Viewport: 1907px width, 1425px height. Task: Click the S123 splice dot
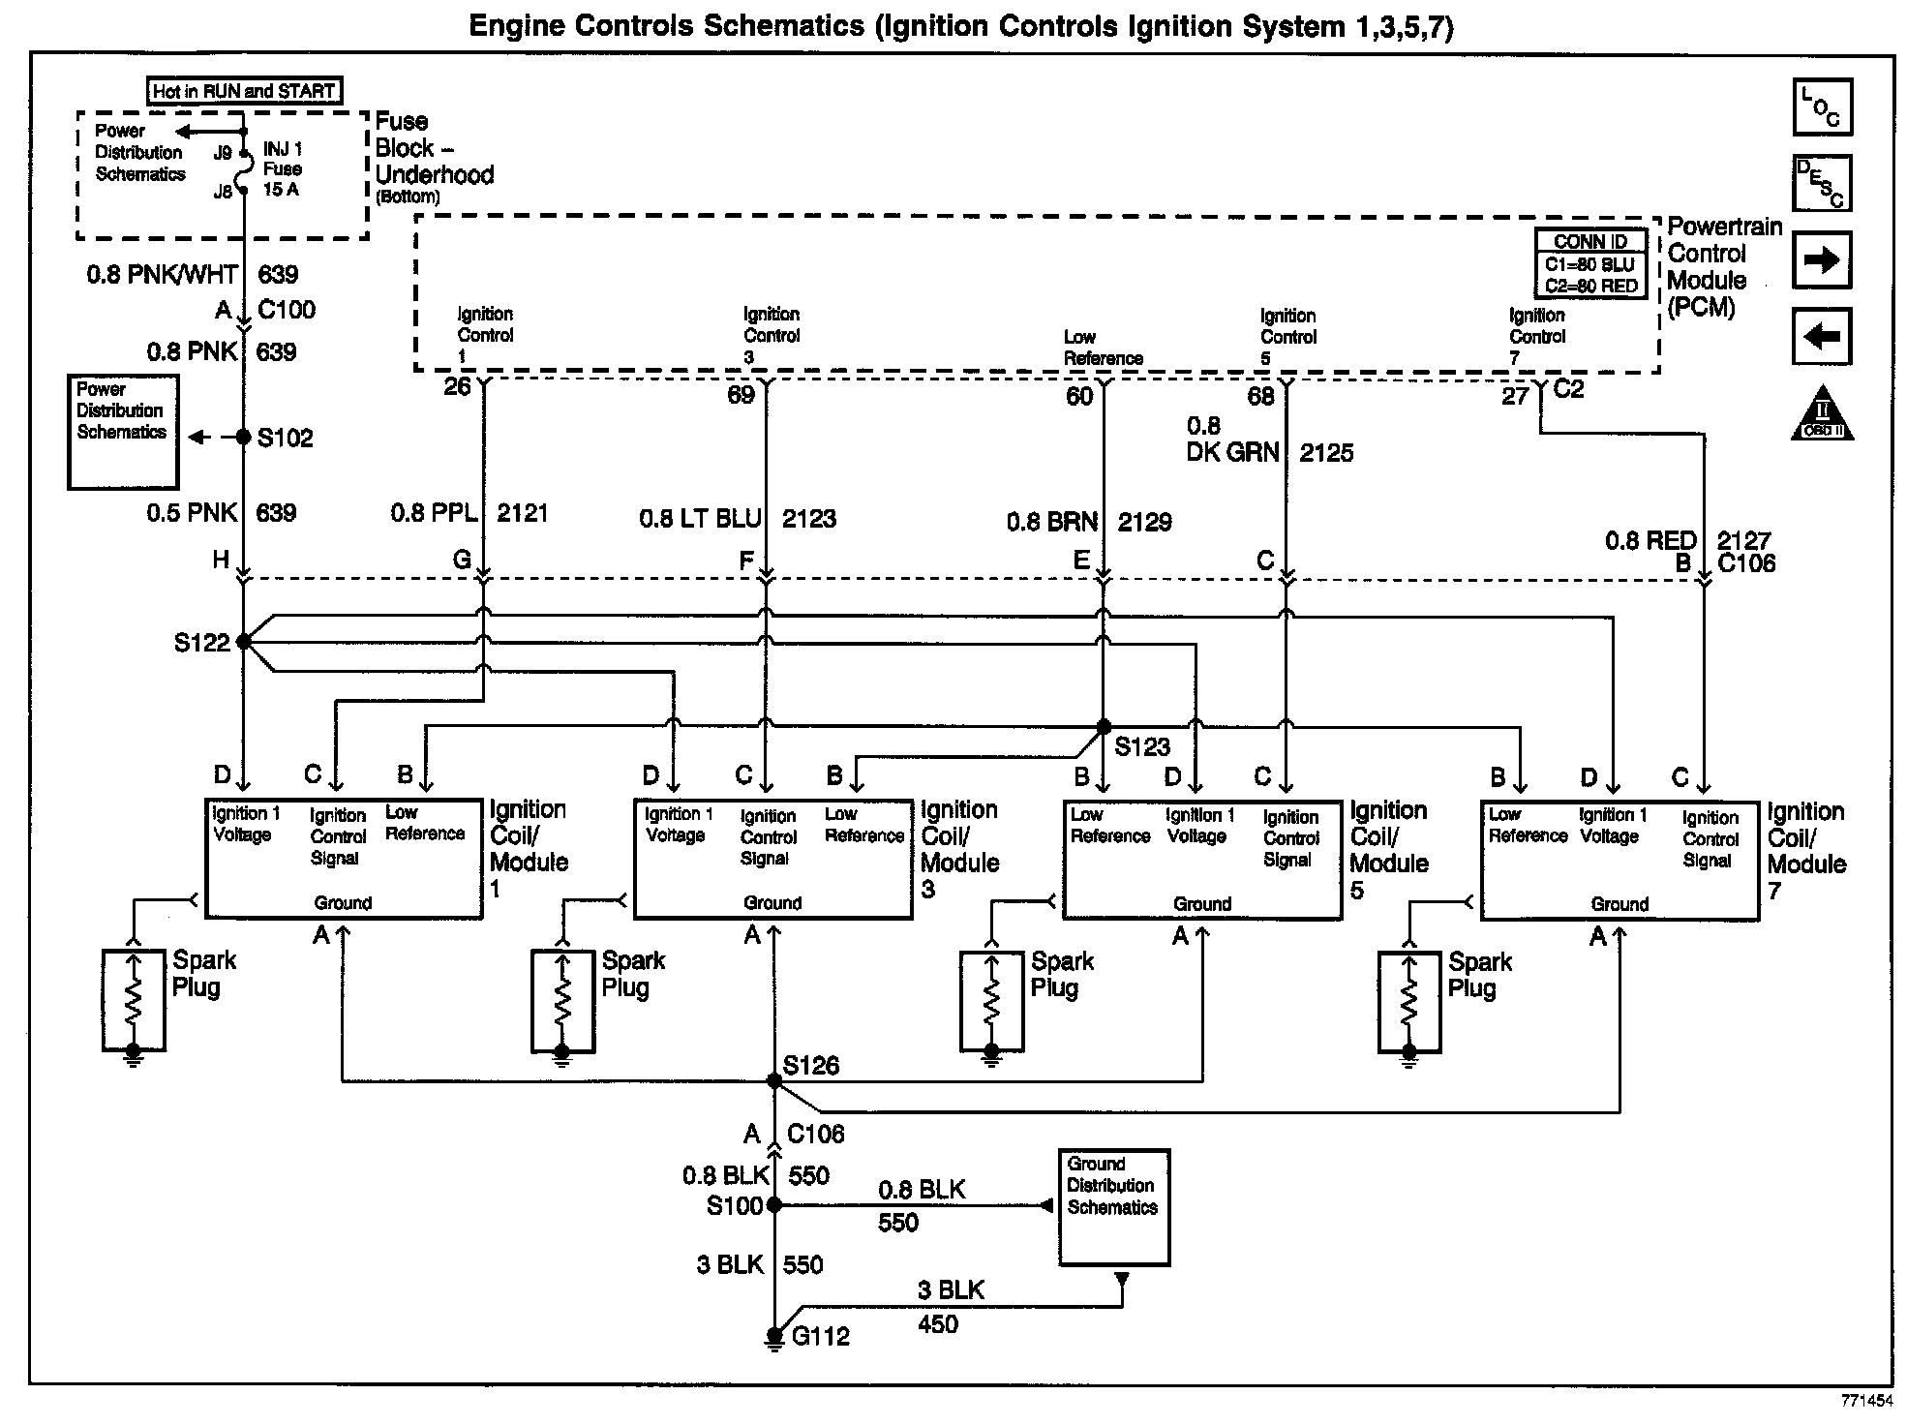[1103, 726]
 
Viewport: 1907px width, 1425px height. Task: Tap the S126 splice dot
[773, 1080]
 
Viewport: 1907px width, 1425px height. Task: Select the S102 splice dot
[244, 438]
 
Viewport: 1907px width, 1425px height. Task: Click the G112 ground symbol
[774, 1336]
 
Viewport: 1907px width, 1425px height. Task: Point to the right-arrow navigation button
[1822, 260]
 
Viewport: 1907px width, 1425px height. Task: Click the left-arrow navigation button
[1822, 336]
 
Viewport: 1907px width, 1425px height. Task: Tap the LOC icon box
[1823, 107]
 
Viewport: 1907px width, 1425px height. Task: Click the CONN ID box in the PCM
[1590, 263]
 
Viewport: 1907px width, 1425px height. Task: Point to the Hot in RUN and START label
[244, 91]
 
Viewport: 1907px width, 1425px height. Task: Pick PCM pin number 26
[457, 387]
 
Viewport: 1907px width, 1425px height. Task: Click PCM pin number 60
[1079, 396]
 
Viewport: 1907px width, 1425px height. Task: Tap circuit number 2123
[809, 519]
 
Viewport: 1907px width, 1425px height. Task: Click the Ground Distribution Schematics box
[1113, 1207]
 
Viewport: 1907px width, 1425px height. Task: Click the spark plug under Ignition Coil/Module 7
[1409, 1002]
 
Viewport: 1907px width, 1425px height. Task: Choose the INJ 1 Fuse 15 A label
[283, 169]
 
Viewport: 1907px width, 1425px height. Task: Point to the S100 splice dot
[773, 1205]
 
